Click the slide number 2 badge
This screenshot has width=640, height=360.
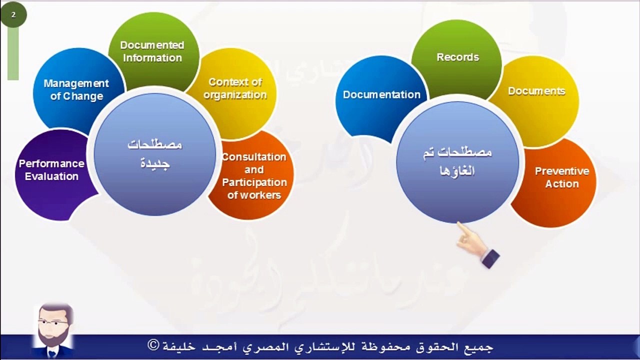13,14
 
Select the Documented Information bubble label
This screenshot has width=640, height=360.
152,51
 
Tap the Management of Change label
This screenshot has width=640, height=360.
76,89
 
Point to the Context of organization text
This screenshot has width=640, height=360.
235,88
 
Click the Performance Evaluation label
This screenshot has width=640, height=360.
51,170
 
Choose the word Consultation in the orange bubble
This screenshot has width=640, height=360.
254,157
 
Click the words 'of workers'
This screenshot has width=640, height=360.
254,195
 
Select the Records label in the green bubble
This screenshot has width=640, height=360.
457,57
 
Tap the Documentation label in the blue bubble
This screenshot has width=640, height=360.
381,94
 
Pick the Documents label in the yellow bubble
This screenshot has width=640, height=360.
536,91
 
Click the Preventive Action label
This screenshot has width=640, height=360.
562,177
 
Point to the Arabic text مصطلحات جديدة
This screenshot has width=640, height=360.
155,154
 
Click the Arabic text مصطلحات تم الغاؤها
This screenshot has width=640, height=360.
457,161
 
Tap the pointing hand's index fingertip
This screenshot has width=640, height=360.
458,223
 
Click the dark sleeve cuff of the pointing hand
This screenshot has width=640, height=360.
490,258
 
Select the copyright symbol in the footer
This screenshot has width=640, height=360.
153,345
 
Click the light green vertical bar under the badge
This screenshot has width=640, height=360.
13,53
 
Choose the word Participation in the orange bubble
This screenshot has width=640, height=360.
254,182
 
